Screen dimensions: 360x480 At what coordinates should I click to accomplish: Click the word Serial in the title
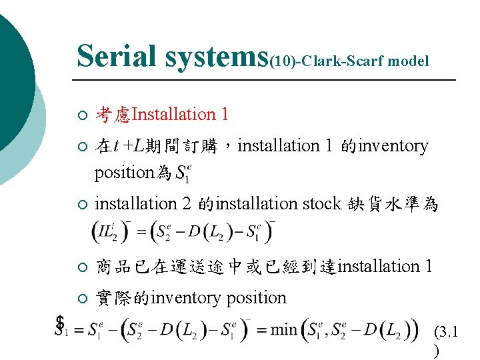pos(117,56)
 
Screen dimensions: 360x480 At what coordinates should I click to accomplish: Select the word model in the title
pos(407,61)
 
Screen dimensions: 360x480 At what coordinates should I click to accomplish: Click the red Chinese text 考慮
pos(113,115)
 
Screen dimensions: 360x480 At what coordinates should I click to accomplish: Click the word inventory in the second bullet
pos(393,146)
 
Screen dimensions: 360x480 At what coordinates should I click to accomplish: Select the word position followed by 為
pos(125,173)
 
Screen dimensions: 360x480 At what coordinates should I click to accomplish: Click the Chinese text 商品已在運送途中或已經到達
pos(217,267)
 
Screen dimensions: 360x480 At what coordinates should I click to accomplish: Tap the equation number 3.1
pos(445,331)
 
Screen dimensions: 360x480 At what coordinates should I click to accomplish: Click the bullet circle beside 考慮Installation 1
pos(81,116)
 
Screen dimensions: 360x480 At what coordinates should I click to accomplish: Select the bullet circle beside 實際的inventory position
pos(81,299)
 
